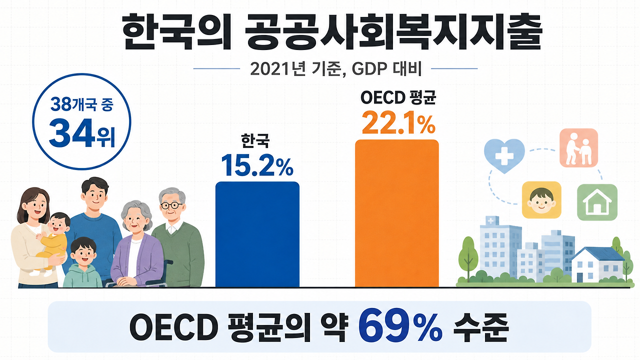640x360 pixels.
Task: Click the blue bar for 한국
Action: pos(257,234)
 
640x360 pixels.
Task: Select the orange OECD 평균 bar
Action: pos(397,213)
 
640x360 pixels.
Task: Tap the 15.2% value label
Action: pos(257,165)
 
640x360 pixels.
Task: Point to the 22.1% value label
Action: pos(398,123)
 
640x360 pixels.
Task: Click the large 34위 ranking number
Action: pos(82,133)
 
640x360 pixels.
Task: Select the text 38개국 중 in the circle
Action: pos(82,104)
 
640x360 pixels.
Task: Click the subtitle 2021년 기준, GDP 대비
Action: pos(335,69)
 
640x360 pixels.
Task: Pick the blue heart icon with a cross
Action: pos(504,155)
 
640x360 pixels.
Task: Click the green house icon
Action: pos(597,202)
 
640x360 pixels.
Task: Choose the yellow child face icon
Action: pos(541,200)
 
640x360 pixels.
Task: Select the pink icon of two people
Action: pos(578,148)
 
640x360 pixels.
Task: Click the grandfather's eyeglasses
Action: pos(171,205)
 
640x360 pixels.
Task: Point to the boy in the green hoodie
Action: pos(83,263)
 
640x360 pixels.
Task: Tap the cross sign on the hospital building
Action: pos(490,220)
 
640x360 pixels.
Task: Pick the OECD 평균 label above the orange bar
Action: pos(398,98)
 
